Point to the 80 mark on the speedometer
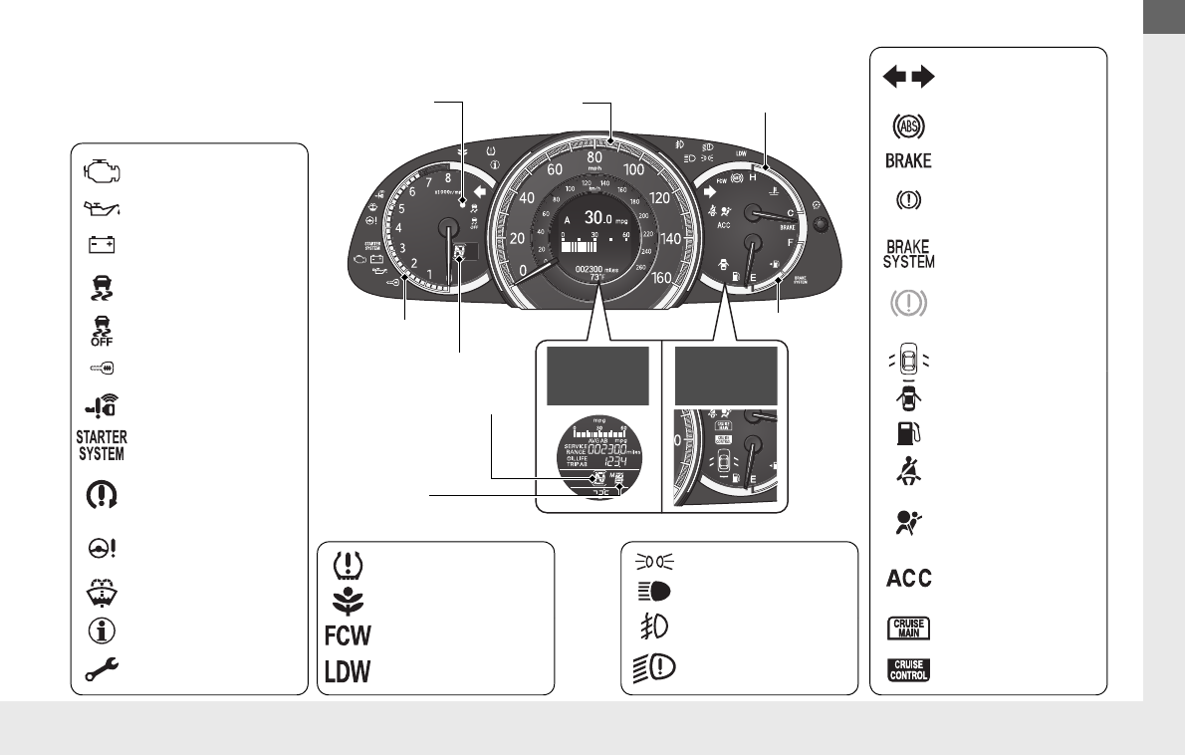point(595,156)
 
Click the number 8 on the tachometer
point(448,178)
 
